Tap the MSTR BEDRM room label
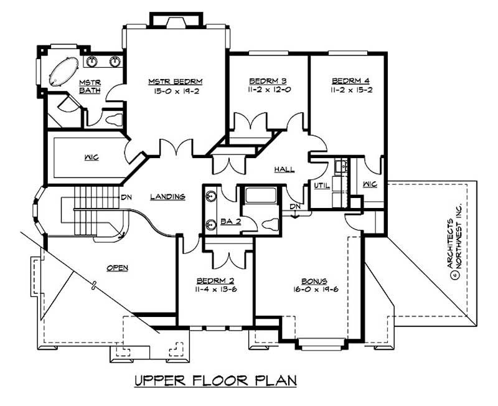(x=176, y=82)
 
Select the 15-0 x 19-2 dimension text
(x=176, y=91)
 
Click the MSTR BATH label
(x=90, y=87)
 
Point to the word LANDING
(x=168, y=197)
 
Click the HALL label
(x=284, y=169)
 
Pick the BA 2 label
(x=227, y=220)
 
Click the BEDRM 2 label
(x=215, y=281)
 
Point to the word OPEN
(x=117, y=268)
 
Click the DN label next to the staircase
(x=126, y=197)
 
